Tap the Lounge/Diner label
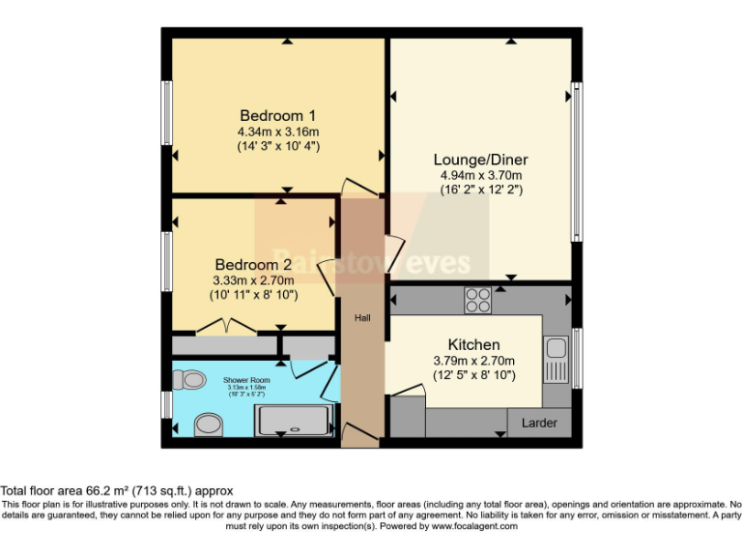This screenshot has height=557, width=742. point(480,159)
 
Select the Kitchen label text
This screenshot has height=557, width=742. point(473,344)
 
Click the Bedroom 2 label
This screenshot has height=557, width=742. point(254,264)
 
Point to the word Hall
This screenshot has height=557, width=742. point(361,317)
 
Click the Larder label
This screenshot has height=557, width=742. point(539,423)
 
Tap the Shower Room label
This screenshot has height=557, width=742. point(248,380)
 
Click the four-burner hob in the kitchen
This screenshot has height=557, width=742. point(477,300)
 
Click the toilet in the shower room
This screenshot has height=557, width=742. point(192,380)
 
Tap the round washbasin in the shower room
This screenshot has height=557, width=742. point(207,424)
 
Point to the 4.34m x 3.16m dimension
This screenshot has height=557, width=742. point(277,132)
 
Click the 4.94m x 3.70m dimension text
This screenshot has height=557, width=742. point(480,175)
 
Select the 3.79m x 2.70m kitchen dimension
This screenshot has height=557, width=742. point(473,361)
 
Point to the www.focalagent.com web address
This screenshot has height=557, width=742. point(474,527)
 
